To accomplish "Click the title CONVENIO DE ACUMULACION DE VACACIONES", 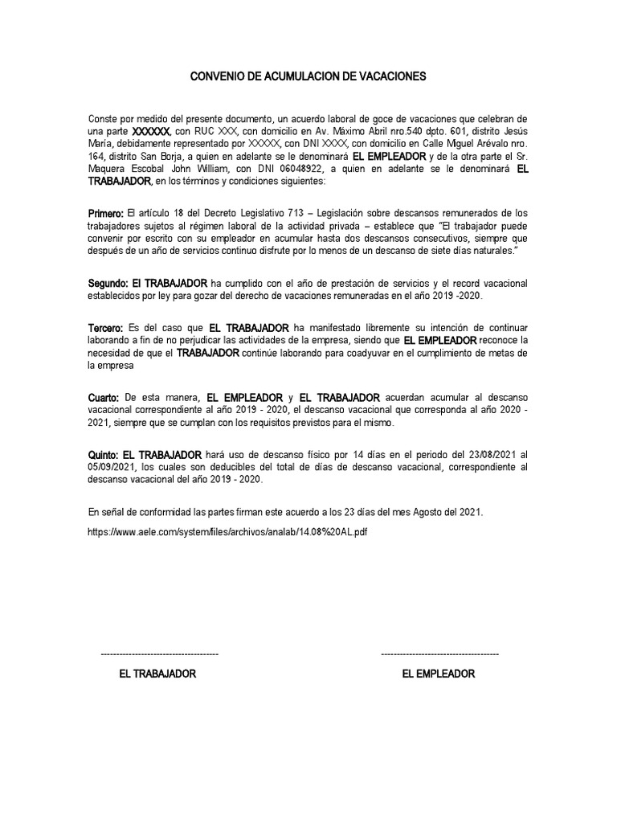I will pos(308,77).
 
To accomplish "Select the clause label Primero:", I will pos(106,212).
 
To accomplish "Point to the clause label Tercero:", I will pos(105,329).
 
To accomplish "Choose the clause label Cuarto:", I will pos(104,398).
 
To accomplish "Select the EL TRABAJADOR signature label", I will pos(157,674).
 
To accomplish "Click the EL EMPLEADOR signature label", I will pos(439,674).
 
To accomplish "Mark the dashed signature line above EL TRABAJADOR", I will pos(159,655).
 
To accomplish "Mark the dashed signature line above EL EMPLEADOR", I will pos(439,655).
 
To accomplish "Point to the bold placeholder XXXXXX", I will pos(150,131).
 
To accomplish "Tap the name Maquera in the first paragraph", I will pos(109,170).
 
